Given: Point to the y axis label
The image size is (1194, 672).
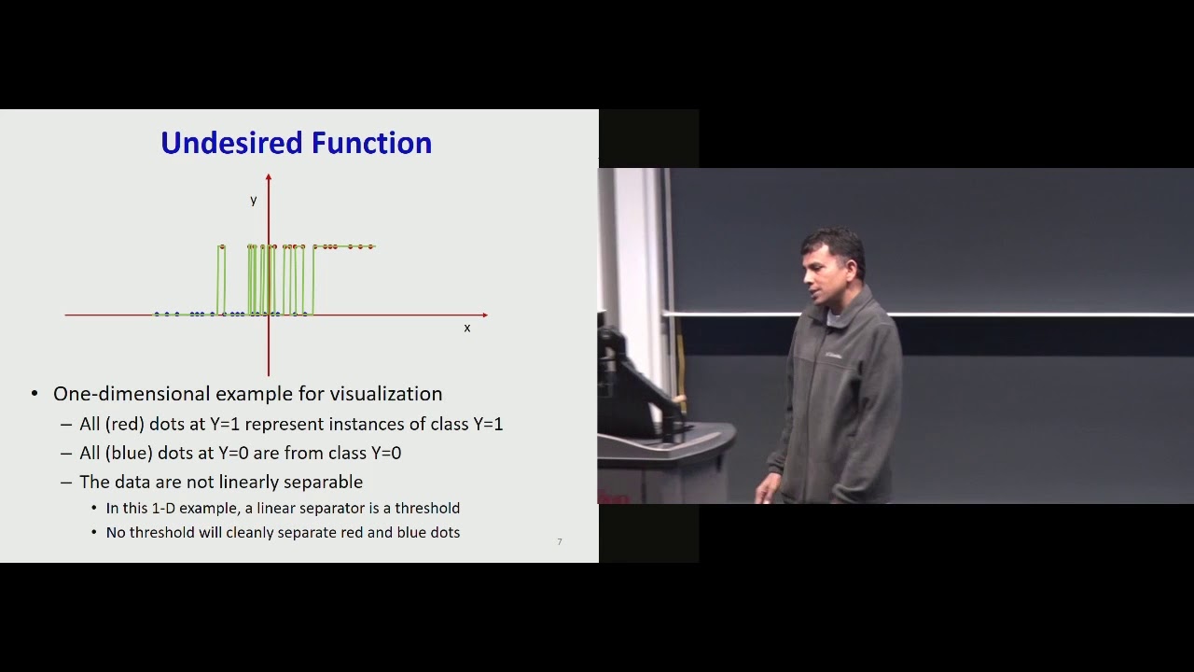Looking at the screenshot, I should click(253, 200).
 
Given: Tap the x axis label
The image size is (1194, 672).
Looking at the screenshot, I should click(467, 328).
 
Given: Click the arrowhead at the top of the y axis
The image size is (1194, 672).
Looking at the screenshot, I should click(269, 177).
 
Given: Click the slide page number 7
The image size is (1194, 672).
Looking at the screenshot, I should click(560, 541).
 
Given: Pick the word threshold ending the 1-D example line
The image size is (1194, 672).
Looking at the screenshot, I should click(427, 509).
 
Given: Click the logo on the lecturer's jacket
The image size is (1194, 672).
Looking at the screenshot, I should click(833, 355).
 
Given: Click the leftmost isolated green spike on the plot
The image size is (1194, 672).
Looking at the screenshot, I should click(221, 280).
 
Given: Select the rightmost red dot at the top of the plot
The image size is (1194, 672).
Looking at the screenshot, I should click(371, 246).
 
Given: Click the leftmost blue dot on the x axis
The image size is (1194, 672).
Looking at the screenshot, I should click(157, 314).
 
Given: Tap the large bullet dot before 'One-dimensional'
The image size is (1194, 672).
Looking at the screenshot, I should click(35, 394).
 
